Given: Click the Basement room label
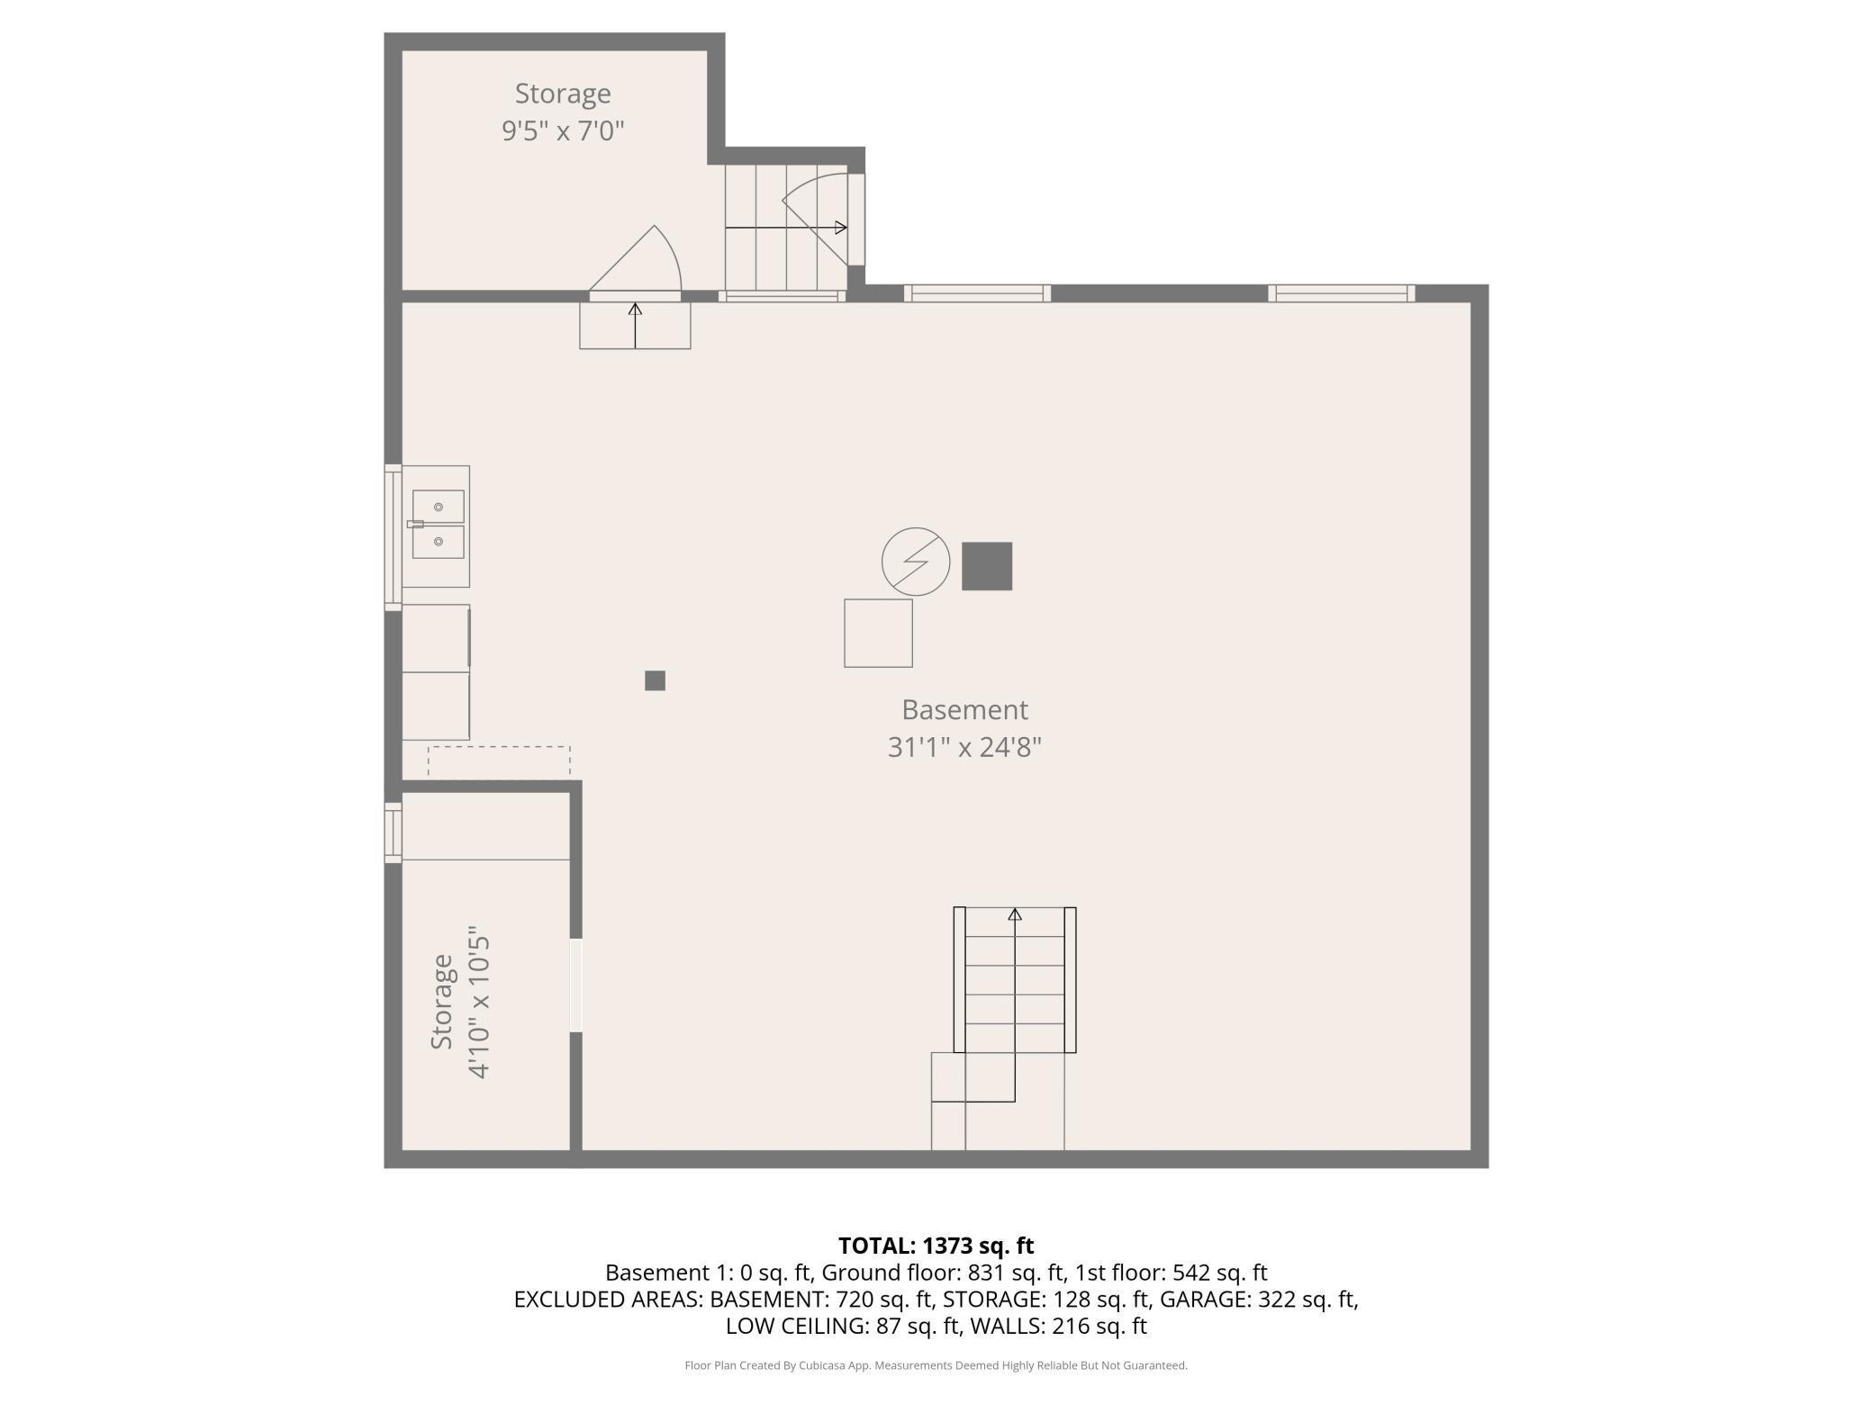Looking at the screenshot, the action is click(x=964, y=710).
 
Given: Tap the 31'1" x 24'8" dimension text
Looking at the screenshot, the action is click(x=964, y=747).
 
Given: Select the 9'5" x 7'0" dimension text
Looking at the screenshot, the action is click(x=563, y=130).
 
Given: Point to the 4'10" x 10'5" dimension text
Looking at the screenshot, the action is click(x=478, y=1006).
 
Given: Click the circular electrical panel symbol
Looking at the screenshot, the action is click(x=916, y=562).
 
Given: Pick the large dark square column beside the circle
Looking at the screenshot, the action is click(x=987, y=566).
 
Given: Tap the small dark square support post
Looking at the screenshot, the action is click(x=655, y=680).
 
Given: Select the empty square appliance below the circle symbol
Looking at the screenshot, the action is click(x=878, y=633).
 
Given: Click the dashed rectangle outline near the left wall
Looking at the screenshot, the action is click(x=499, y=747).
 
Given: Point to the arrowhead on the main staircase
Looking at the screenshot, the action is click(x=1015, y=914).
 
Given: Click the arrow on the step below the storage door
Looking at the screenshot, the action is click(x=635, y=326).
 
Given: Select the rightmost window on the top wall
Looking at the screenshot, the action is click(x=1342, y=293).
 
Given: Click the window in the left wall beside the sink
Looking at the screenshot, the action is click(x=394, y=537).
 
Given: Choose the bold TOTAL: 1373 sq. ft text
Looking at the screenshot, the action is click(x=936, y=1246).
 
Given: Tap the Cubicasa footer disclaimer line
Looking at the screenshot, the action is click(x=936, y=1365).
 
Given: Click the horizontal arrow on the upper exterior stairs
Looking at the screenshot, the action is click(x=786, y=228).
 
